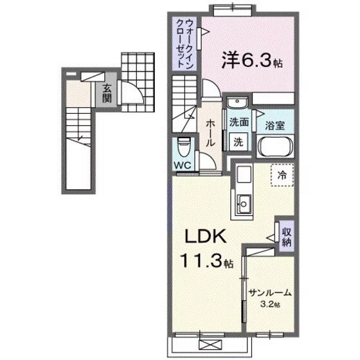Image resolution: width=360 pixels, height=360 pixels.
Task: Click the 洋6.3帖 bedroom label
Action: [x=253, y=62]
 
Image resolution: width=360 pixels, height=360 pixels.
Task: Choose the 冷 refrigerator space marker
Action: [x=282, y=174]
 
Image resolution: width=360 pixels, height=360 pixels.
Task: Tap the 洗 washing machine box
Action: [x=237, y=143]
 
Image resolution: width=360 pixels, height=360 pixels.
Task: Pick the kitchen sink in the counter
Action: [x=244, y=204]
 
